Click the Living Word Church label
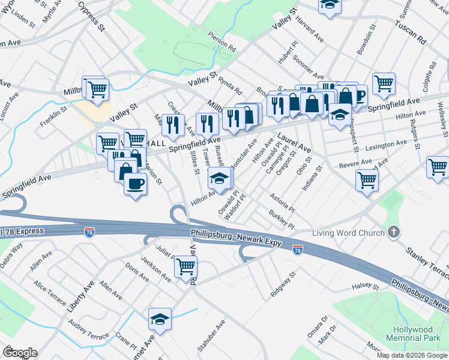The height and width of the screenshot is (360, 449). tap(348, 232)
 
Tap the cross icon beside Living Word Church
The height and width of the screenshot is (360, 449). tap(394, 232)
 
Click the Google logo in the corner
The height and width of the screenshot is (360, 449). tap(20, 353)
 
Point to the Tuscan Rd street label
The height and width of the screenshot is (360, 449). tap(410, 32)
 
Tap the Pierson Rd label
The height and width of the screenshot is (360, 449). tap(222, 42)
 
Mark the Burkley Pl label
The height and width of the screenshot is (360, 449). tap(282, 223)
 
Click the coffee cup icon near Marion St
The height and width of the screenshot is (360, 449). tap(135, 183)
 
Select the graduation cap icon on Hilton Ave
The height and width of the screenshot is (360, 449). tap(219, 179)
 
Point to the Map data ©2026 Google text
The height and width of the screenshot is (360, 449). tap(412, 355)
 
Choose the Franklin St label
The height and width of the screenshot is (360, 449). tap(54, 112)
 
